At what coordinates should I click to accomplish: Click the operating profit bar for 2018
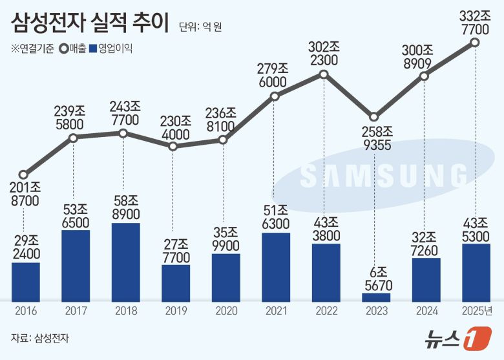pyautogui.click(x=125, y=262)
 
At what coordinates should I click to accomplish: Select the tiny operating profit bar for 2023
pyautogui.click(x=375, y=297)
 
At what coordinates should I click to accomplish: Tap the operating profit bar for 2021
pyautogui.click(x=275, y=266)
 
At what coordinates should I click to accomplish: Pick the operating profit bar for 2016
pyautogui.click(x=25, y=281)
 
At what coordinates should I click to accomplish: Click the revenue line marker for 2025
pyautogui.click(x=475, y=43)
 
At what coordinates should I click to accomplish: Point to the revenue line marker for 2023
pyautogui.click(x=375, y=117)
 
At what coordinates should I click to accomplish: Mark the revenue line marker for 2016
pyautogui.click(x=24, y=175)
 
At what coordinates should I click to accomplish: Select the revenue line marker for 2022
pyautogui.click(x=325, y=75)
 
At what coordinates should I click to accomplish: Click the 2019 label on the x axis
pyautogui.click(x=176, y=312)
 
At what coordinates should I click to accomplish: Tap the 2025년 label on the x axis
pyautogui.click(x=476, y=312)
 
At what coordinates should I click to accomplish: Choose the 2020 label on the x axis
pyautogui.click(x=226, y=312)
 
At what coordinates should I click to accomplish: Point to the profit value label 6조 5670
pyautogui.click(x=375, y=276)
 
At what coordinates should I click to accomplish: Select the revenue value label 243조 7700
pyautogui.click(x=125, y=112)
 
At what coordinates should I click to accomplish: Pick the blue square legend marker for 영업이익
pyautogui.click(x=94, y=48)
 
